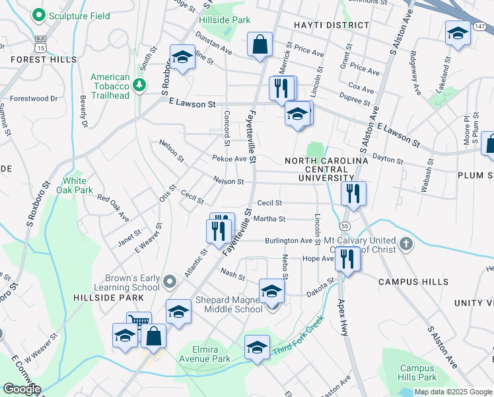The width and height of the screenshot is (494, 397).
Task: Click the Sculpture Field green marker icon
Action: point(39,15)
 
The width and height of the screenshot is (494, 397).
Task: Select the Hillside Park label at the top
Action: point(223,20)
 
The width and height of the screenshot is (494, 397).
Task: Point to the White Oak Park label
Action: point(78,185)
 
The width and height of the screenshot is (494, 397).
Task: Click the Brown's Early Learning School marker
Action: point(170,283)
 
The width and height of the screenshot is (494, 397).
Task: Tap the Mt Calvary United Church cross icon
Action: point(406,245)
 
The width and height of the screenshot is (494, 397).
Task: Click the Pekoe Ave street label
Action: point(229,159)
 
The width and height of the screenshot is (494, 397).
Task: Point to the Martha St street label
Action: point(271,219)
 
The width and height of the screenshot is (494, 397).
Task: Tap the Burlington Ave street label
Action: point(289,241)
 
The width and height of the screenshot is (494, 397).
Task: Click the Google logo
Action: point(22,389)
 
